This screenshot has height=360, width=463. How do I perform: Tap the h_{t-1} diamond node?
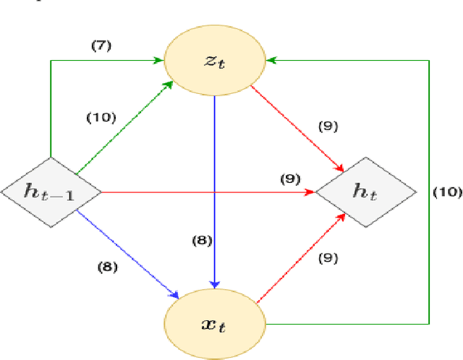[50, 192]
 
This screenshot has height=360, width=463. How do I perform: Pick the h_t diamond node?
[366, 192]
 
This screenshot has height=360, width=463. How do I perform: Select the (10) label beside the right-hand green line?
[446, 192]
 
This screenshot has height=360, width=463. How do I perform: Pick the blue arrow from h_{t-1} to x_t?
[127, 250]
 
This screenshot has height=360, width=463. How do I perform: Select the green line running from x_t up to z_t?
[430, 217]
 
